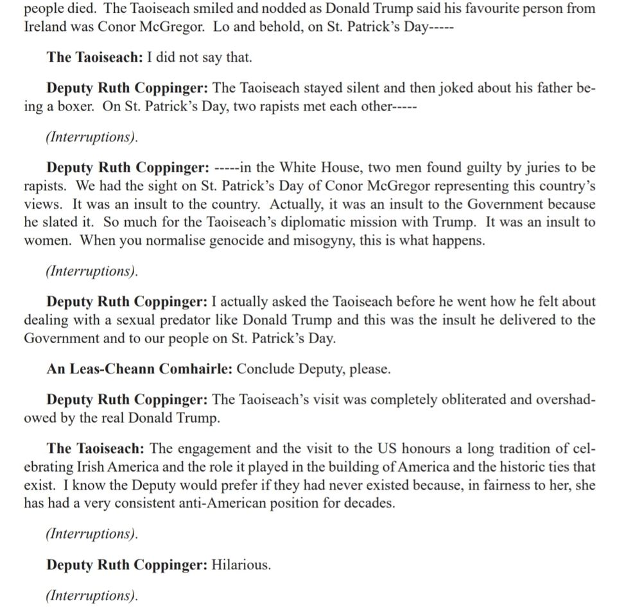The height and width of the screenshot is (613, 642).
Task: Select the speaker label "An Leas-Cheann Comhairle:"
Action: tap(141, 369)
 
